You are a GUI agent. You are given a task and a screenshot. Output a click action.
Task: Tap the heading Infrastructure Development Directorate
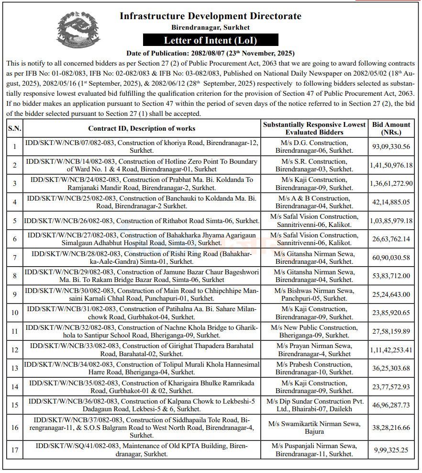pyautogui.click(x=211, y=16)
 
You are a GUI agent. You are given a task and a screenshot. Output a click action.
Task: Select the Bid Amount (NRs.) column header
pyautogui.click(x=391, y=128)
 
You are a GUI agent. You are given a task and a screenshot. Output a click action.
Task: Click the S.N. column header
pyautogui.click(x=14, y=128)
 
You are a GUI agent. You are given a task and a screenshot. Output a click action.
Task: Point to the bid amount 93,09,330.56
pyautogui.click(x=391, y=146)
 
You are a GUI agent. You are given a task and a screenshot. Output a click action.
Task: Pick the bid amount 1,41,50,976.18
pyautogui.click(x=391, y=165)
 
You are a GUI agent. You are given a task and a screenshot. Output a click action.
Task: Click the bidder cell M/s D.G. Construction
pyautogui.click(x=314, y=146)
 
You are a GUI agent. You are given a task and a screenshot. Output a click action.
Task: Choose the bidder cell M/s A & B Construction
pyautogui.click(x=314, y=202)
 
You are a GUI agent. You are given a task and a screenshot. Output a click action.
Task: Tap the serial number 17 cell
pyautogui.click(x=15, y=450)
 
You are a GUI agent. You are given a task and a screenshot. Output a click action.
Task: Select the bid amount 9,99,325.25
pyautogui.click(x=391, y=450)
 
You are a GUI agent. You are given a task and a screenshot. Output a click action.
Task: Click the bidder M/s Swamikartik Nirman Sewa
pyautogui.click(x=314, y=428)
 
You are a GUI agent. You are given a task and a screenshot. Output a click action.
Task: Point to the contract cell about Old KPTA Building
pyautogui.click(x=142, y=450)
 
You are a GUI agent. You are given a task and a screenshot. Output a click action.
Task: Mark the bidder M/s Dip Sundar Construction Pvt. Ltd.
pyautogui.click(x=314, y=405)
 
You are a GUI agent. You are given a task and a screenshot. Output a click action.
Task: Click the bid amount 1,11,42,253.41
pyautogui.click(x=391, y=350)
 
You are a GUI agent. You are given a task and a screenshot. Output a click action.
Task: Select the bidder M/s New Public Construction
pyautogui.click(x=314, y=331)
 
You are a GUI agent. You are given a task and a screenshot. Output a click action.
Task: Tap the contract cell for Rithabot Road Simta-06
pyautogui.click(x=142, y=221)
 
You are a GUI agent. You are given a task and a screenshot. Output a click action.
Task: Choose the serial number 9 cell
pyautogui.click(x=15, y=294)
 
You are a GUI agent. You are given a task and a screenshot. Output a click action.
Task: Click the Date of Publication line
pyautogui.click(x=211, y=53)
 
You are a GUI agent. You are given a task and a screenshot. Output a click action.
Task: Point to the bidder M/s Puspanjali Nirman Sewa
pyautogui.click(x=314, y=450)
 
